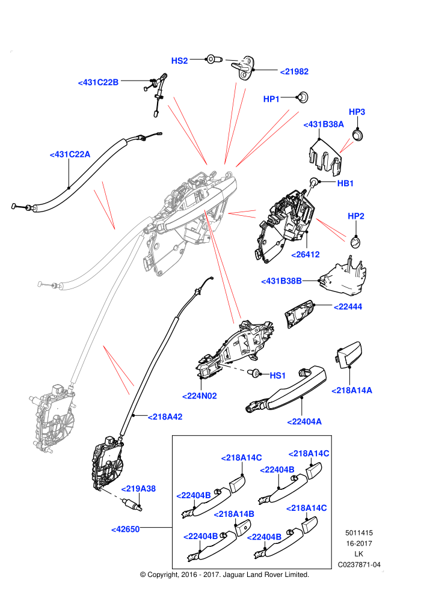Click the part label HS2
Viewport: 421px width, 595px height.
click(180, 61)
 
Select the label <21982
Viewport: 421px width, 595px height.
click(294, 72)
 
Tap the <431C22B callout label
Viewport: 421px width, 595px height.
click(98, 82)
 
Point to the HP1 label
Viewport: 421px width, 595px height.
click(271, 99)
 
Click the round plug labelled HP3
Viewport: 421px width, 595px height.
click(358, 135)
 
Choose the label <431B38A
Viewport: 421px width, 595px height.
click(324, 124)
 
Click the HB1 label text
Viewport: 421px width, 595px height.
click(345, 183)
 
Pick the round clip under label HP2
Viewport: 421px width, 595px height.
click(355, 241)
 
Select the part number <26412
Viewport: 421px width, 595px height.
click(306, 255)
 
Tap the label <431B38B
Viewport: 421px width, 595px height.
click(281, 281)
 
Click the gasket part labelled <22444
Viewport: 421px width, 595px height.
click(300, 314)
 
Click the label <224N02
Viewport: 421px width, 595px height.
click(200, 396)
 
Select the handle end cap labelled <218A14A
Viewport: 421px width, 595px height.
click(348, 355)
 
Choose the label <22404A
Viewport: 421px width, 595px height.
click(304, 421)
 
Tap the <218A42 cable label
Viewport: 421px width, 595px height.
click(165, 416)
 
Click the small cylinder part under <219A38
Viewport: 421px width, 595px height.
click(131, 505)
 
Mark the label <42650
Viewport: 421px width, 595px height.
click(125, 529)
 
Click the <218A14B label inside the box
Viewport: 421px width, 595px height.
click(234, 514)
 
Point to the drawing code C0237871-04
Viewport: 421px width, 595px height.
click(359, 564)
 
